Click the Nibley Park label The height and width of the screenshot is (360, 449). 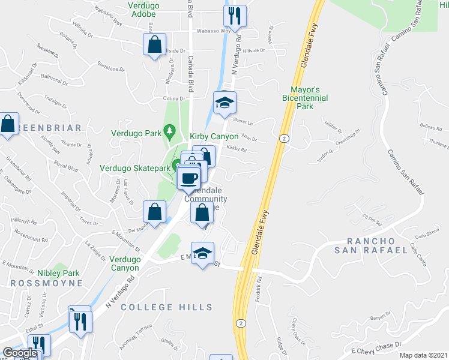pos(58,273)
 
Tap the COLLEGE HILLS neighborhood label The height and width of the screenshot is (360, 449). pos(158,307)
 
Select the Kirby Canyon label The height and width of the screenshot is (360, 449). pos(214,137)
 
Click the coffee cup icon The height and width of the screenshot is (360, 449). pos(188,178)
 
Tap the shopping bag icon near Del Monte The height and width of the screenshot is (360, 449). pos(155,211)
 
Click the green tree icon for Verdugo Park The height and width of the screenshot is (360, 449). pos(170,130)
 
